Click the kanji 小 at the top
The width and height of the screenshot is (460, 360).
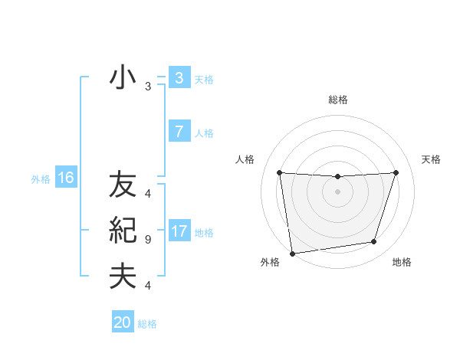click(x=123, y=77)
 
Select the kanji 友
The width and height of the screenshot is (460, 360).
click(x=123, y=185)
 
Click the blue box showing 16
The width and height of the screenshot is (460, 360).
click(x=65, y=178)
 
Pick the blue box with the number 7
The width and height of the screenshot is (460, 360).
click(x=179, y=132)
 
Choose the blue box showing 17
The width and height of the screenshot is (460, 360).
click(x=179, y=231)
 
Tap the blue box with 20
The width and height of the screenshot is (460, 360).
click(x=122, y=322)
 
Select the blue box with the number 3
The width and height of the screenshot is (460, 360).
click(x=179, y=77)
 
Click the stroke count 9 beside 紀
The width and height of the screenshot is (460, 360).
click(x=148, y=240)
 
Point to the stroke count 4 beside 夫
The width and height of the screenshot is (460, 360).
click(x=148, y=286)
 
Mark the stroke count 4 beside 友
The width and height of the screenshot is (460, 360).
click(x=148, y=194)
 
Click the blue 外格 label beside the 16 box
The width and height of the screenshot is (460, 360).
click(x=41, y=179)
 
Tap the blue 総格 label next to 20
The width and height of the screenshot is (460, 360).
click(x=147, y=324)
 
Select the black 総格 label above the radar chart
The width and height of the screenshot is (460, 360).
click(x=338, y=100)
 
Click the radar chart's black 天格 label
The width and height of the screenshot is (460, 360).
click(x=431, y=159)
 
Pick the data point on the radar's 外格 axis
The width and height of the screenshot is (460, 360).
click(x=292, y=253)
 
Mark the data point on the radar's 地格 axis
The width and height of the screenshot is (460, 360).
click(x=374, y=242)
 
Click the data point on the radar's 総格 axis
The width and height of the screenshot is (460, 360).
click(x=337, y=177)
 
